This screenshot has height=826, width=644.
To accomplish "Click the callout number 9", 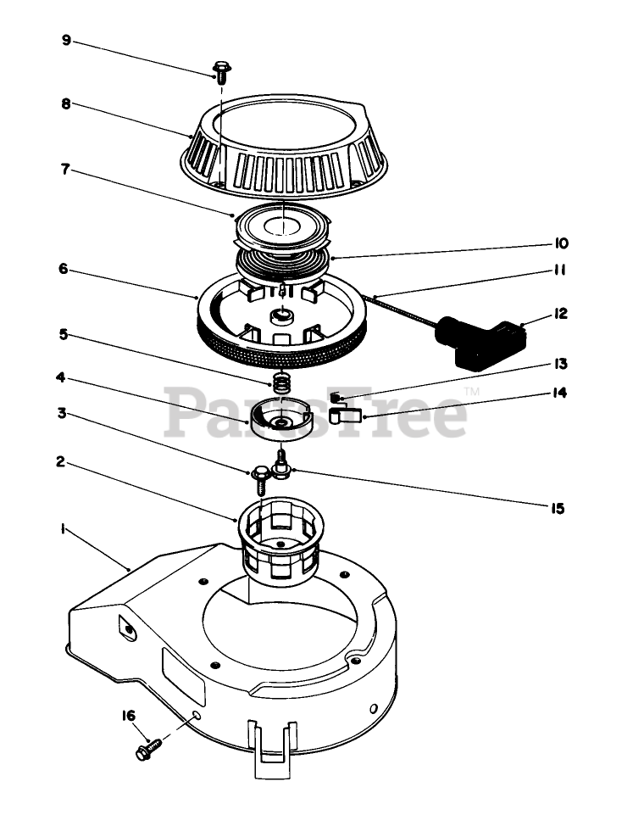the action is (x=67, y=39).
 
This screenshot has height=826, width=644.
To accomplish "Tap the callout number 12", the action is (x=560, y=314).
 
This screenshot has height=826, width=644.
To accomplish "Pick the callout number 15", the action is (x=556, y=509).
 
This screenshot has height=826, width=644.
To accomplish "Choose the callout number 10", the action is (x=561, y=243).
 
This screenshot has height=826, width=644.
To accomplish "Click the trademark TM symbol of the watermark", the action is (x=472, y=391).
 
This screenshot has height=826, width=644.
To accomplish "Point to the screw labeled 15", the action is (x=281, y=464).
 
